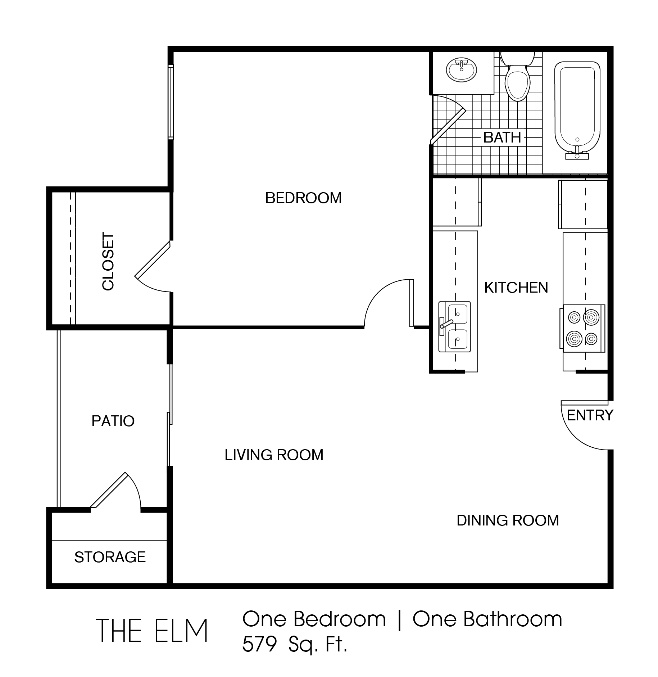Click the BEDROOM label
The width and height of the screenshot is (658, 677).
303,198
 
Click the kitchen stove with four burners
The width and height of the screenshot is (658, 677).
582,328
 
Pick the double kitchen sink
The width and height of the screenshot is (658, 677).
454,326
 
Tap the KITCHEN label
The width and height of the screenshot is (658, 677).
516,288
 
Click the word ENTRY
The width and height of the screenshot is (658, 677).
590,415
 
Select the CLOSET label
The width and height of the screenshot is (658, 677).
108,261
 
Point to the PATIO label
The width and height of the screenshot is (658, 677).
113,421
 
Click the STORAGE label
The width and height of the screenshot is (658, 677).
110,557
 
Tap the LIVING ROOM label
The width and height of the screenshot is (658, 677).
274,455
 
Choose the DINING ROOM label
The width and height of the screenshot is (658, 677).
508,520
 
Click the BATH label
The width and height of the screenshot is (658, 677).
502,137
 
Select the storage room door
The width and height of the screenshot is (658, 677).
115,491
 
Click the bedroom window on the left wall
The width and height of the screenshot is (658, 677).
171,102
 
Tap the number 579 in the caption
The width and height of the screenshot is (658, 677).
259,644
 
